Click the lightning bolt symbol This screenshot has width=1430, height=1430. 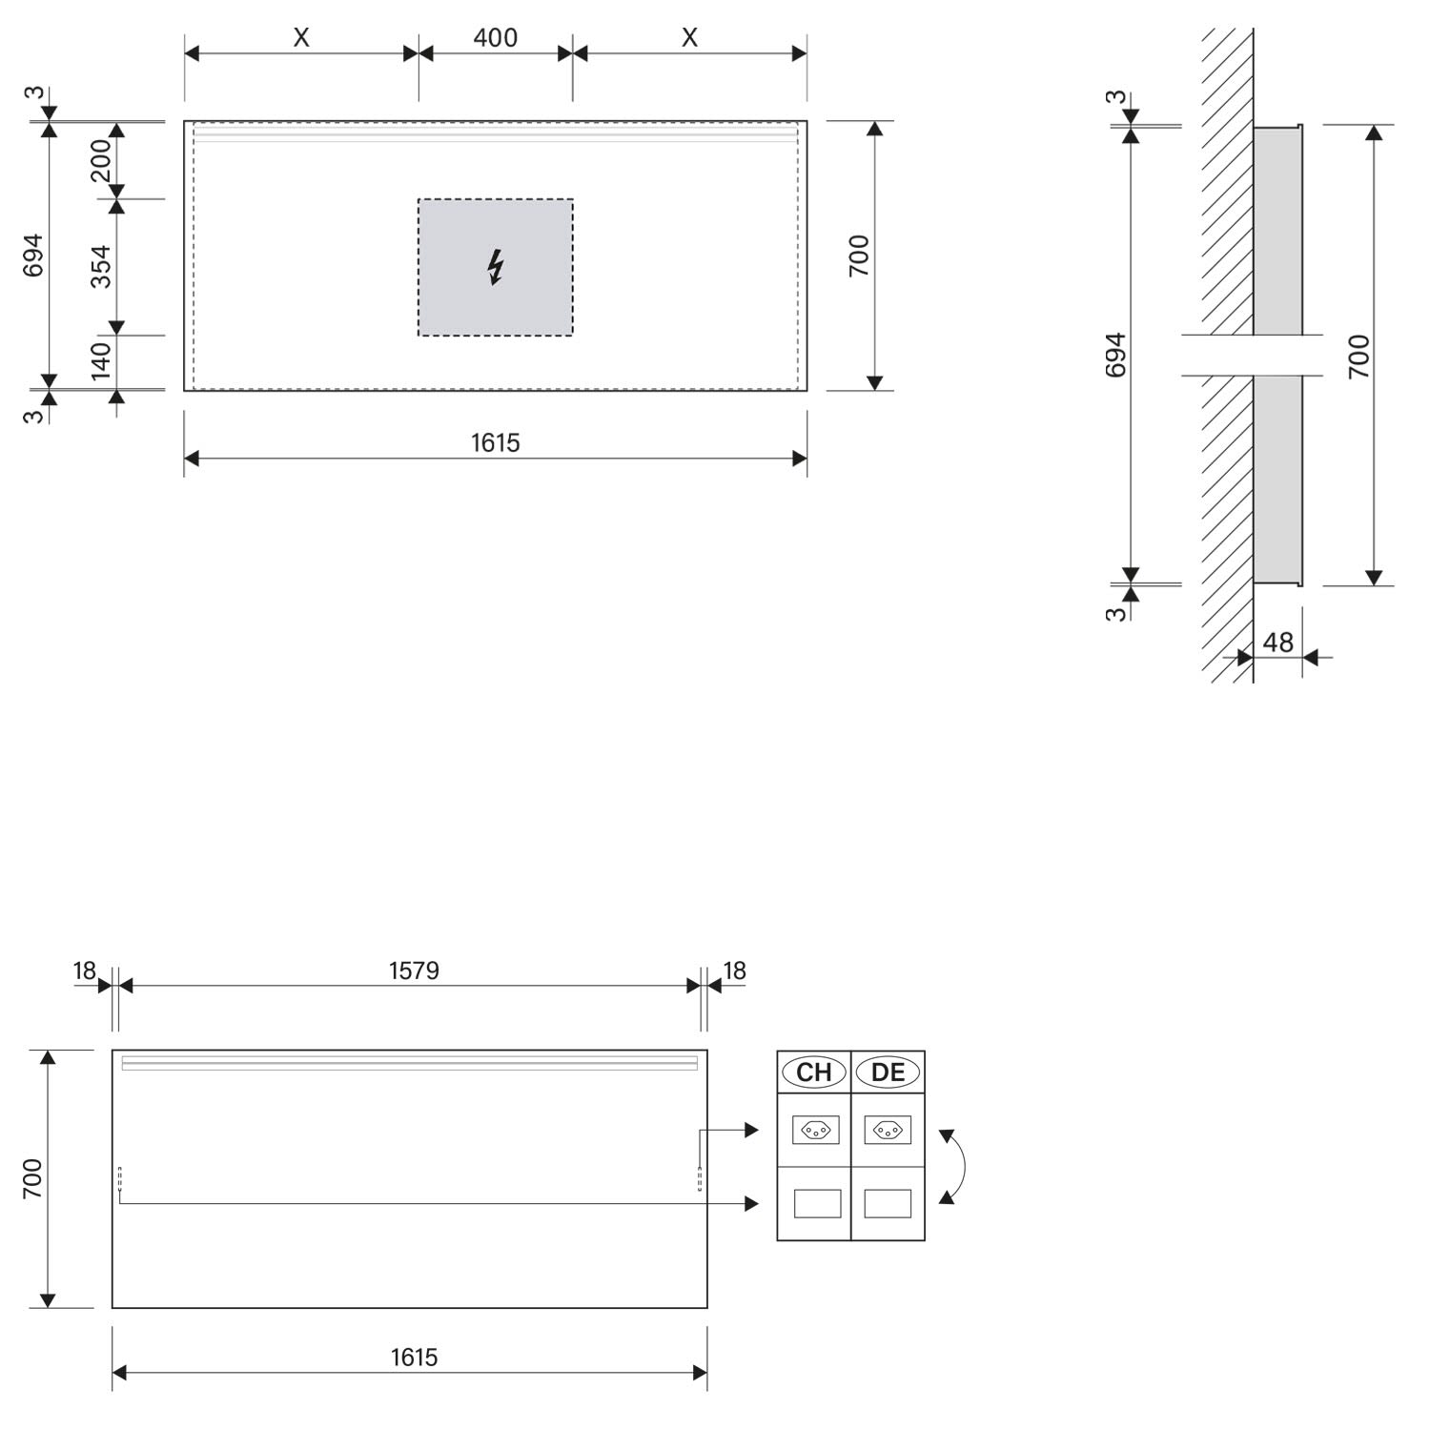(495, 267)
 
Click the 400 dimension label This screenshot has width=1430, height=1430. (496, 38)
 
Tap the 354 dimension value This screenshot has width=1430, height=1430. (101, 267)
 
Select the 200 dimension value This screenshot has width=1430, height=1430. (101, 160)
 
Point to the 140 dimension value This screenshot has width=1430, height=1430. (101, 361)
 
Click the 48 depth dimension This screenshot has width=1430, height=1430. (1278, 643)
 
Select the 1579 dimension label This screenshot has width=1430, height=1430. (414, 970)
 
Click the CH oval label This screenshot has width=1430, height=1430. (814, 1072)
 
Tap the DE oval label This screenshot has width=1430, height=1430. (888, 1072)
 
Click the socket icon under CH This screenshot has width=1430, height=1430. (816, 1130)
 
